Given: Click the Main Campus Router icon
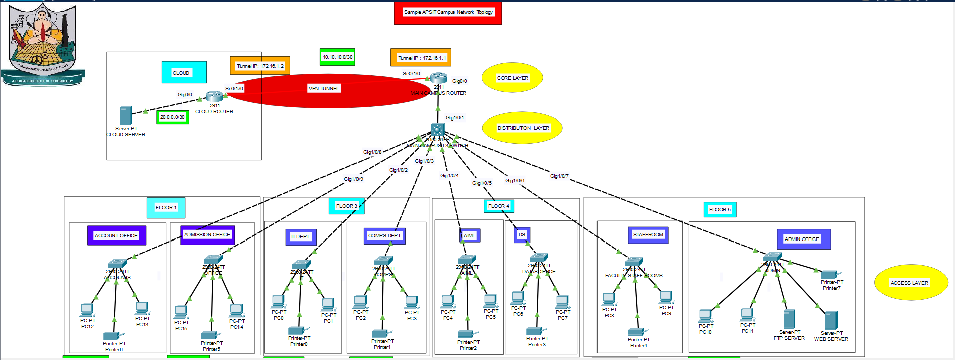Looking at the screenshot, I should point(438,78).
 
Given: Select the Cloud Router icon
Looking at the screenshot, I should point(214,96).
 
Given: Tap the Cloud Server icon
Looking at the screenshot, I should point(126,115).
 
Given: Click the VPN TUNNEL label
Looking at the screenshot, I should point(323,88).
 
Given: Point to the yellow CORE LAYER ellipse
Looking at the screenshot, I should point(512,78).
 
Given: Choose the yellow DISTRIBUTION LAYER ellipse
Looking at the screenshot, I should point(522,128).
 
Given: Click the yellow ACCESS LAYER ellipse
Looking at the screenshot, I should point(910,282).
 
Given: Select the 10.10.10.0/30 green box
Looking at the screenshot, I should point(337,57).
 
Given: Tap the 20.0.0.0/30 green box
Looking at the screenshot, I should point(172,117).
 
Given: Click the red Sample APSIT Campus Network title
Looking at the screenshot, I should point(448,12).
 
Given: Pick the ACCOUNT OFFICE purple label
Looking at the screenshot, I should point(116,235).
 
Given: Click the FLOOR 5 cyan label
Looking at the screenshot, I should point(720,209).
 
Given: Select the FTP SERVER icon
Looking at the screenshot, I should point(789,319).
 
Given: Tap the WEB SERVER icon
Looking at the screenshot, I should point(831,320).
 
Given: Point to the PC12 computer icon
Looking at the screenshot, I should point(87,310).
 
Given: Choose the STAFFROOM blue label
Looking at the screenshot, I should point(648,234).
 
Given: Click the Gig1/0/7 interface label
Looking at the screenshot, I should point(559,176).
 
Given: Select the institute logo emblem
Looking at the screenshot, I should point(43,43).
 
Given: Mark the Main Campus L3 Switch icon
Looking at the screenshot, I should point(438,129).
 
